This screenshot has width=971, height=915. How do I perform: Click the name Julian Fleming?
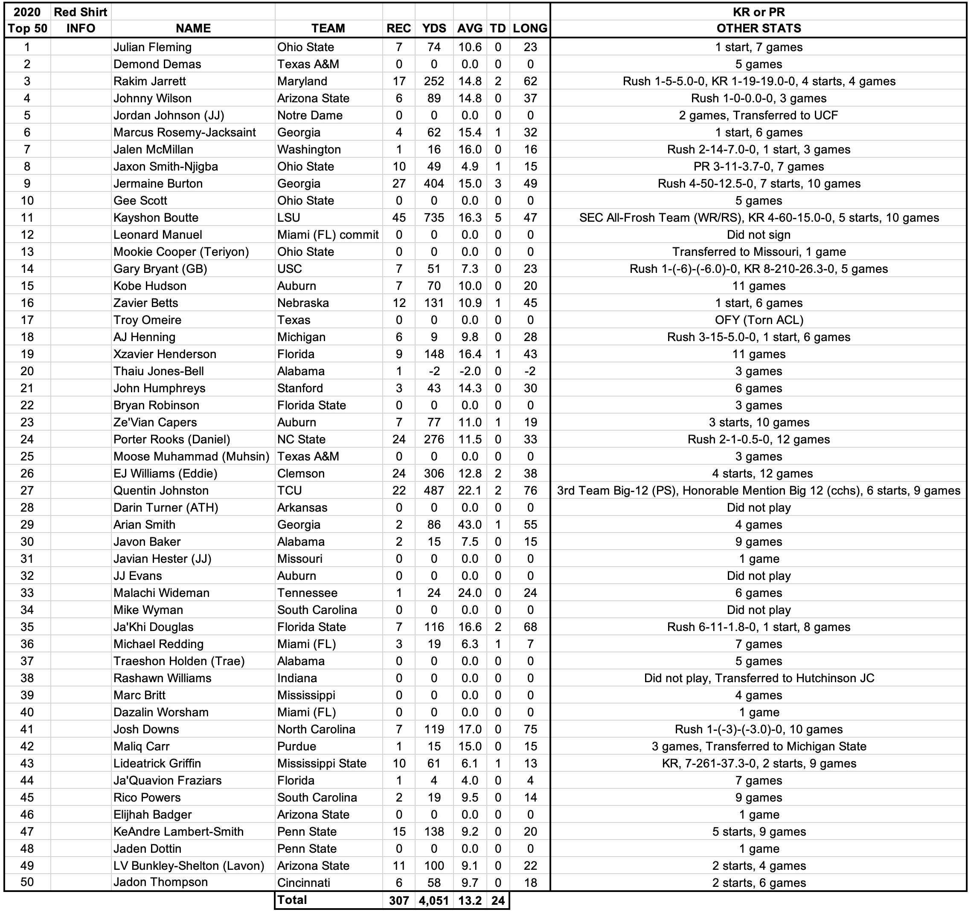(x=152, y=47)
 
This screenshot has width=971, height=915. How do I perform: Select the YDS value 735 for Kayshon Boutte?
(x=434, y=218)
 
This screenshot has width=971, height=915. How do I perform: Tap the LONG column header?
(x=530, y=28)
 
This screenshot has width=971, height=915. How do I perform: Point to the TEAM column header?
(x=328, y=28)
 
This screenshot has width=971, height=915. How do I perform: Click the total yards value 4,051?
(x=434, y=901)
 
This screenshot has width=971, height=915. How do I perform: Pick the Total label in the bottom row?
(x=292, y=900)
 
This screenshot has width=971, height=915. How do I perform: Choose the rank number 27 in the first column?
(x=27, y=491)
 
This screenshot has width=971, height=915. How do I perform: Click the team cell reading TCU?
(x=290, y=491)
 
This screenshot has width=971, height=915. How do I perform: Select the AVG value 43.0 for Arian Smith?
(x=470, y=525)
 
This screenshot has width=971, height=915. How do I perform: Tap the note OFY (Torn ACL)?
(x=759, y=320)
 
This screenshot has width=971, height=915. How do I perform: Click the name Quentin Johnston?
(x=161, y=491)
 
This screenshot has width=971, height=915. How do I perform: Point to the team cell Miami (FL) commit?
(x=328, y=235)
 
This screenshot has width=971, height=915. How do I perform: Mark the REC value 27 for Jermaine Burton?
(x=399, y=184)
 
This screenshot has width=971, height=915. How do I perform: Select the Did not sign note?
(x=759, y=235)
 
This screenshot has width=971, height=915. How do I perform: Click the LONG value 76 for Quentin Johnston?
(x=530, y=491)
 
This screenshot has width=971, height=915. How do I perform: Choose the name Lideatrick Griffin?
(x=157, y=764)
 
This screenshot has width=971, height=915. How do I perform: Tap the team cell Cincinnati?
(x=304, y=883)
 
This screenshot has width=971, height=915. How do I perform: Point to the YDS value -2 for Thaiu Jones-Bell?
(x=434, y=371)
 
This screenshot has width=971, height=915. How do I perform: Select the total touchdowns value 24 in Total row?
(x=498, y=901)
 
